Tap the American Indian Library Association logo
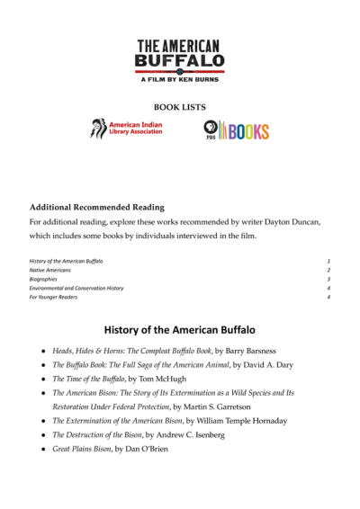[127, 129]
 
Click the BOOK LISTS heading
[179, 105]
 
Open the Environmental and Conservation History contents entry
[76, 288]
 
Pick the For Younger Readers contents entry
[51, 297]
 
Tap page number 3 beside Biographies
[329, 279]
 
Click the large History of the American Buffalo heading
[180, 329]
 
